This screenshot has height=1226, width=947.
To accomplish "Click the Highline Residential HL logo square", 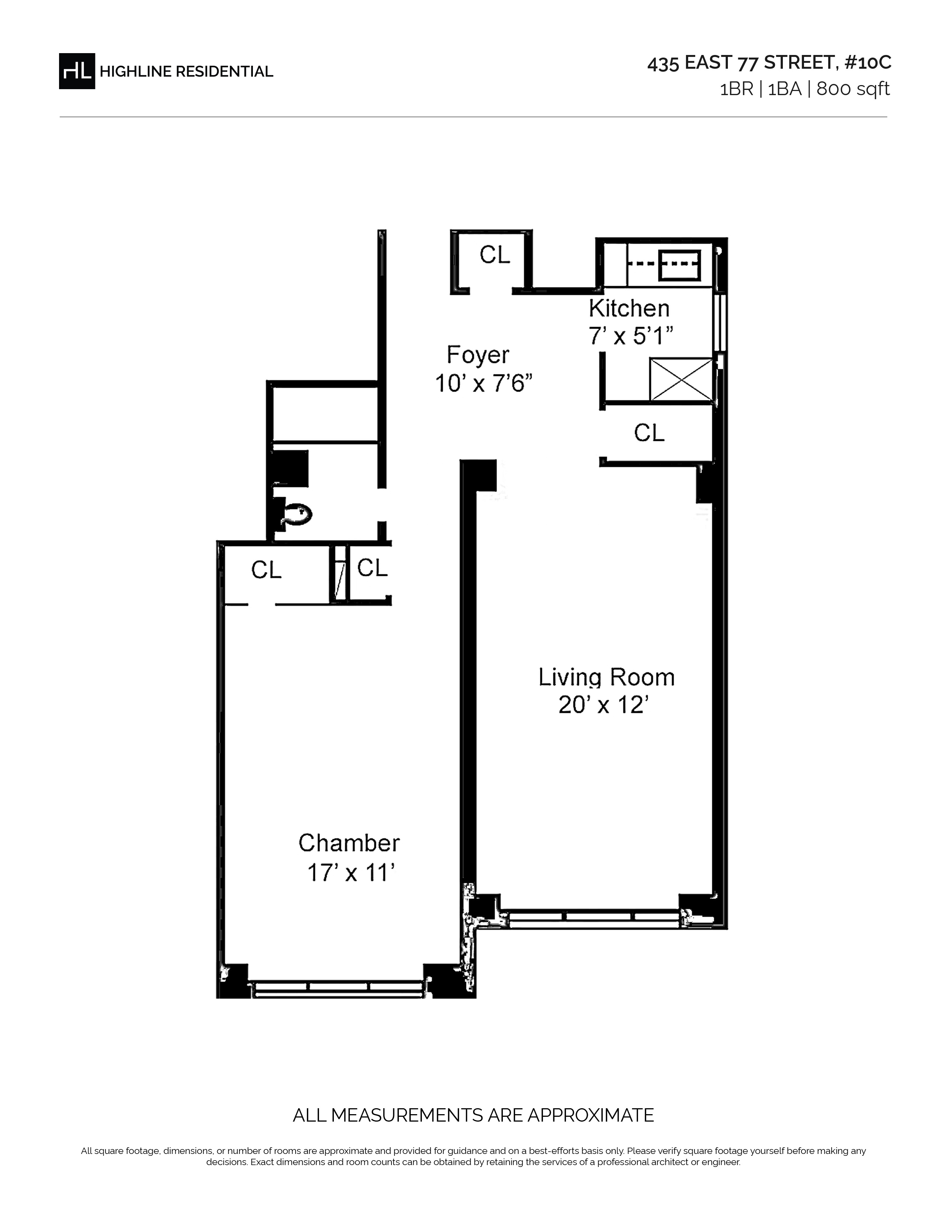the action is (77, 71).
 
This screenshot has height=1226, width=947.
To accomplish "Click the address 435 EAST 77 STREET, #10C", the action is (769, 63).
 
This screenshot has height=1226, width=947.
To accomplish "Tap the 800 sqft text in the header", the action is (853, 89).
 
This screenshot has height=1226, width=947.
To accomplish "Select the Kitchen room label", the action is (629, 309).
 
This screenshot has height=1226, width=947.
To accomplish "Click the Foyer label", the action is (478, 355).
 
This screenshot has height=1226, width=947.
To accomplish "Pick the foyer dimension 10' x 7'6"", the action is (484, 384).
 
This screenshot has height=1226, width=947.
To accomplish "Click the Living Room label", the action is (606, 678).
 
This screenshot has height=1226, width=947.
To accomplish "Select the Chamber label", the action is (349, 843).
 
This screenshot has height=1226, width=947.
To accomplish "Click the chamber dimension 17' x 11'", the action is (351, 873).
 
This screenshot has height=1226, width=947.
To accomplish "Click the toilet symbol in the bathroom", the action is (296, 514).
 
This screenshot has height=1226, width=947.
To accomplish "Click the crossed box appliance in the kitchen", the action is (681, 380).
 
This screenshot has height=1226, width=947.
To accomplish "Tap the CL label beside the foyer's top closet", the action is (495, 256).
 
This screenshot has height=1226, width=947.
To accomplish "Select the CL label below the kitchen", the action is (649, 433).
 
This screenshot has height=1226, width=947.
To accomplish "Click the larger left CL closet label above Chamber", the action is (267, 570).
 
